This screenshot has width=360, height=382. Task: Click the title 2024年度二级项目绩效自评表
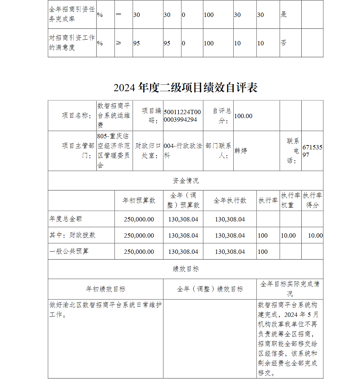(x=185, y=87)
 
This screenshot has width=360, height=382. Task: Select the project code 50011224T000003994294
(x=183, y=116)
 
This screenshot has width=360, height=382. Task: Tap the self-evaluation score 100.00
(x=243, y=116)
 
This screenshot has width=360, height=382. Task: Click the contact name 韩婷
(x=241, y=150)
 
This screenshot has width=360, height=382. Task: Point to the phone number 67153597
(x=312, y=151)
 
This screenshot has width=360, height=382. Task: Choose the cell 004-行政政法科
(x=183, y=150)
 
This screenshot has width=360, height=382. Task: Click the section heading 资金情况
(x=185, y=180)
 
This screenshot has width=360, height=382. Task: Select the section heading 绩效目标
(x=185, y=269)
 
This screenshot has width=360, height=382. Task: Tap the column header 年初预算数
(x=139, y=201)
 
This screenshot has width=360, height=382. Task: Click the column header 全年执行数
(x=230, y=201)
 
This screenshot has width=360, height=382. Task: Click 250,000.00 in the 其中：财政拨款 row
(x=139, y=235)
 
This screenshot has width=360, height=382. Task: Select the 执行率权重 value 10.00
(x=288, y=235)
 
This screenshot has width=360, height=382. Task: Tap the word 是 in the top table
(x=284, y=15)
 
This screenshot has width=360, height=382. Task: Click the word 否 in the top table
(x=284, y=43)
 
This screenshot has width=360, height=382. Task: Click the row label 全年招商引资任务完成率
(x=72, y=14)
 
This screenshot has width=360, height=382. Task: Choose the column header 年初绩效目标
(x=105, y=289)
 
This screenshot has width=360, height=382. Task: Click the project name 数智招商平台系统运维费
(x=114, y=115)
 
